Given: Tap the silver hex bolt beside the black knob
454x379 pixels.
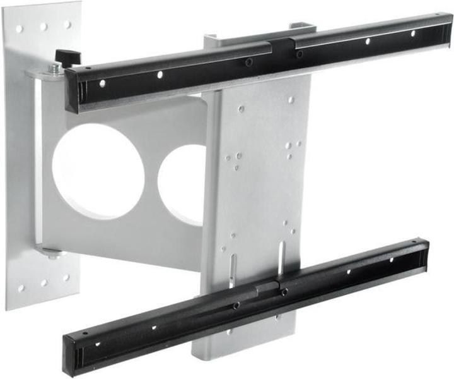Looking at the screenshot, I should pyautogui.click(x=55, y=67).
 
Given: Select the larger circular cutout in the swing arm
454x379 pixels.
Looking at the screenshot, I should pyautogui.click(x=98, y=171).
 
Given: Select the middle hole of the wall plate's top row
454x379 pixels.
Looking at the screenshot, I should pyautogui.click(x=44, y=27).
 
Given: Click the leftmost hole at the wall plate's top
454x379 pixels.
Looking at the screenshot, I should pyautogui.click(x=19, y=29).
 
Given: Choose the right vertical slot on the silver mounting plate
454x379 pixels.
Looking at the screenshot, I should pyautogui.click(x=280, y=256).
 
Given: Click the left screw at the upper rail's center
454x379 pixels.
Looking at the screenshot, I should pyautogui.click(x=249, y=62).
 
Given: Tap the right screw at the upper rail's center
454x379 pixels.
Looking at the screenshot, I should pyautogui.click(x=299, y=54).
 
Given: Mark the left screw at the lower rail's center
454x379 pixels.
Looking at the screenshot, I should pyautogui.click(x=236, y=306).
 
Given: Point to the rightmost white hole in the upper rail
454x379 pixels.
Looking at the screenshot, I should pyautogui.click(x=414, y=33).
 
